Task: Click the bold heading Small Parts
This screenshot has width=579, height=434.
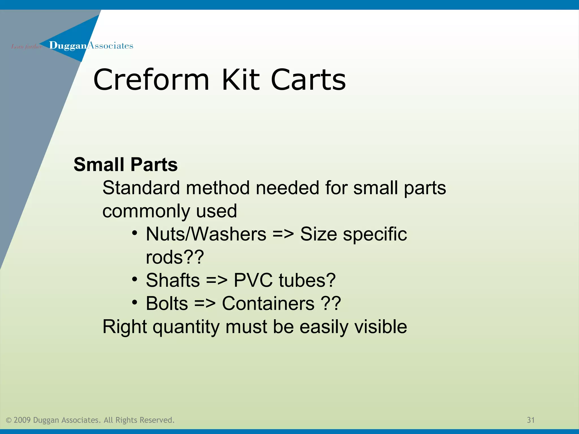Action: pyautogui.click(x=126, y=164)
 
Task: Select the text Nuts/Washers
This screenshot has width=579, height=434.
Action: pyautogui.click(x=206, y=234)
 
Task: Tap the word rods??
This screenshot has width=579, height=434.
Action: pyautogui.click(x=175, y=257)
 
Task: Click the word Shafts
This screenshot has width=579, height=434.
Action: pyautogui.click(x=173, y=281)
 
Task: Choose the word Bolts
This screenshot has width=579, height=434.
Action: pyautogui.click(x=167, y=304)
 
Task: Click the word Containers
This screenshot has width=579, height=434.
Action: pyautogui.click(x=268, y=304)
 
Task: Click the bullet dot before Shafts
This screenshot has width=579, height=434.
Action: pyautogui.click(x=135, y=279)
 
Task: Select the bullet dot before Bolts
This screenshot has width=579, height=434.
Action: pyautogui.click(x=135, y=303)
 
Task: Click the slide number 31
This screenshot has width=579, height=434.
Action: pyautogui.click(x=531, y=420)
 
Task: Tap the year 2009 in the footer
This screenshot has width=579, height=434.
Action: pyautogui.click(x=22, y=420)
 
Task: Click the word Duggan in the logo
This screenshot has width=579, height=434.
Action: pyautogui.click(x=68, y=46)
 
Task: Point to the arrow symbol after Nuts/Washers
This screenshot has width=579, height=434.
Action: pyautogui.click(x=283, y=235)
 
